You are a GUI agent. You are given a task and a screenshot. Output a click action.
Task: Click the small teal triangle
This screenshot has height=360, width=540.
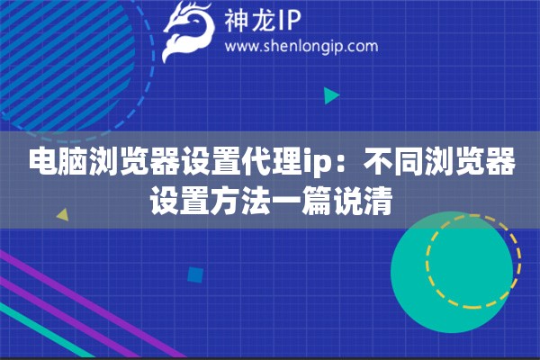[x=331, y=94]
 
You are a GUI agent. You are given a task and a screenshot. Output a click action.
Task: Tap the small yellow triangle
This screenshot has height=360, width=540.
[x=62, y=215]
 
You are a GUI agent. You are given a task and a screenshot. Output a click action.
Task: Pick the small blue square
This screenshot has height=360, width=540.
[x=193, y=275]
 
